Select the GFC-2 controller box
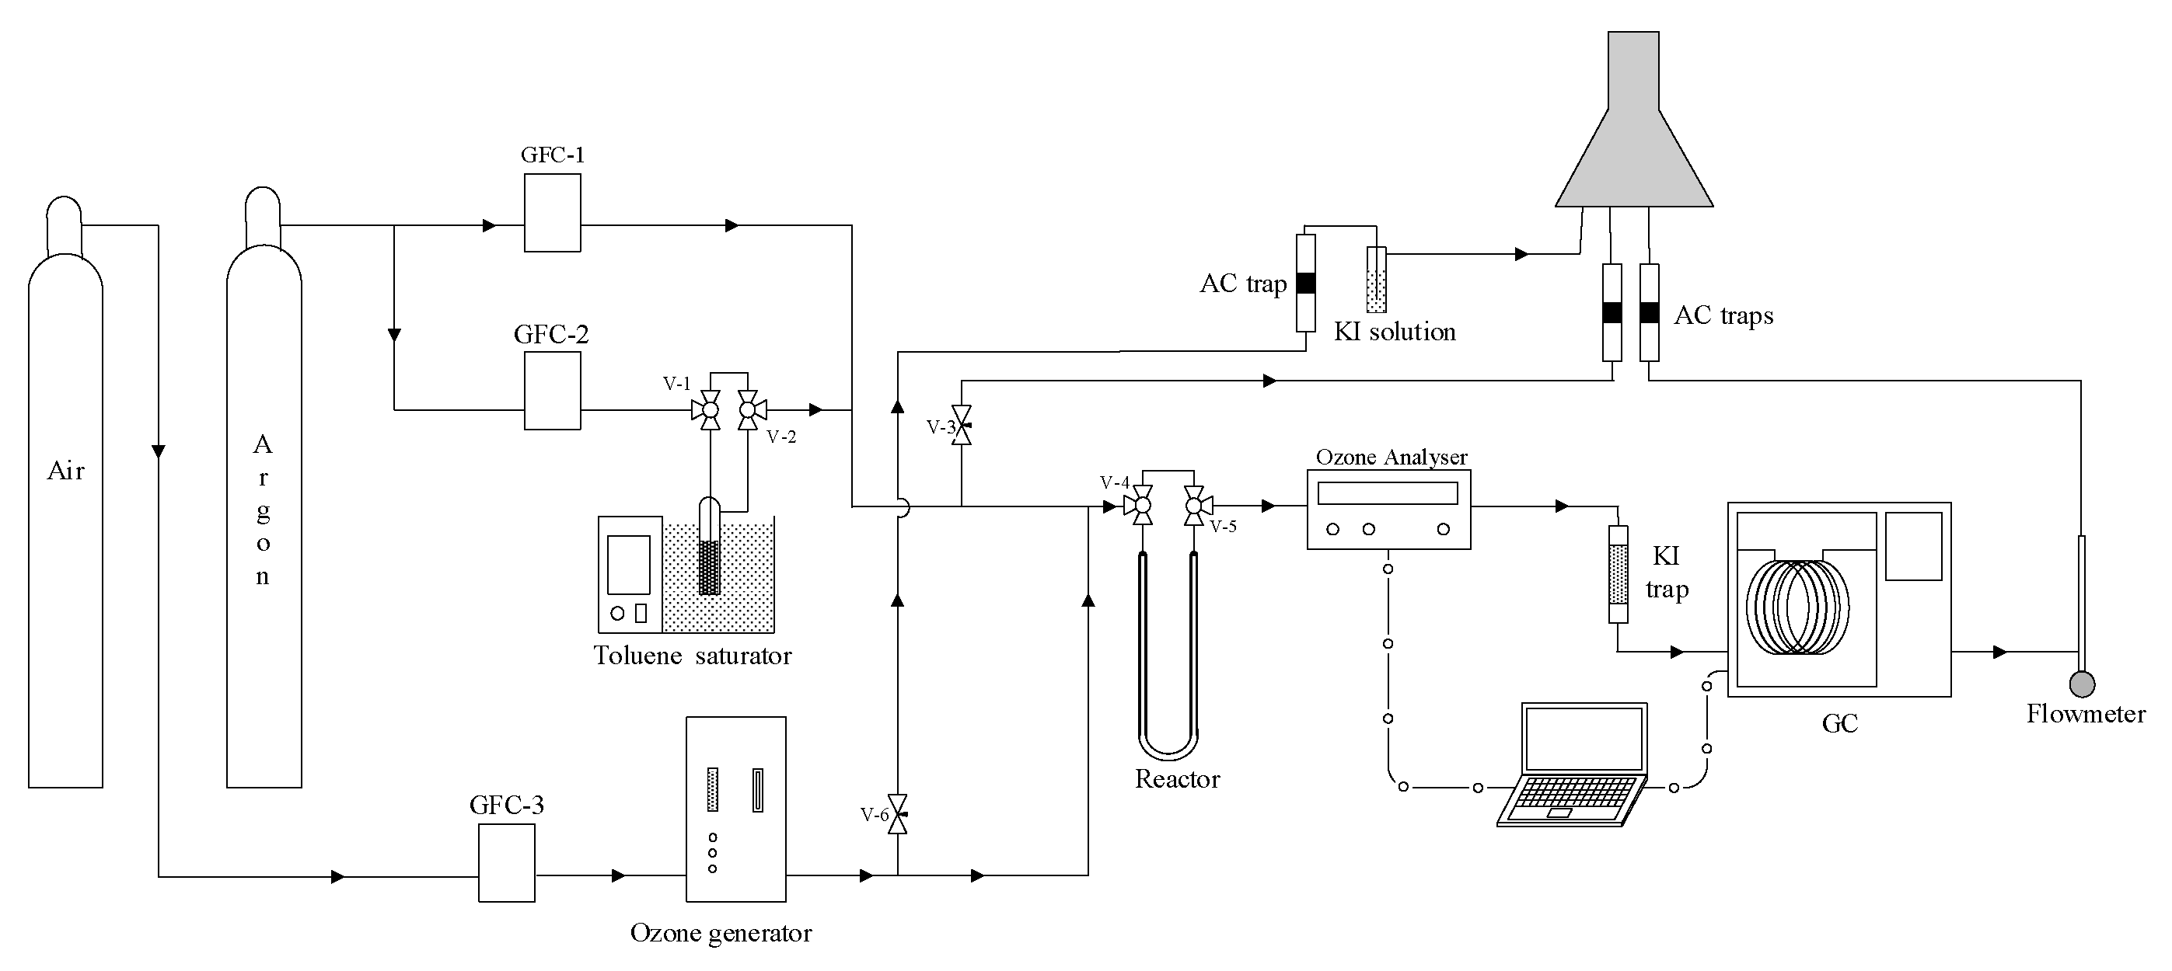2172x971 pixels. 552,390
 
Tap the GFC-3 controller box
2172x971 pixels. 507,862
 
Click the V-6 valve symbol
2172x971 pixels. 898,814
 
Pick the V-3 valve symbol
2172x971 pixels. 961,425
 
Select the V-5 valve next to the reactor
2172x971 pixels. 1194,506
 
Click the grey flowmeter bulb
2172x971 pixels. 2082,684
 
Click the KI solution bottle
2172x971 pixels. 1376,280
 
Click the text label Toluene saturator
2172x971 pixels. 692,656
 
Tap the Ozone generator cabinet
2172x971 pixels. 736,809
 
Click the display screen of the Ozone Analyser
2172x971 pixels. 1387,493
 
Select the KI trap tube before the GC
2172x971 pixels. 1618,575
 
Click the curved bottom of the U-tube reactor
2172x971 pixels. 1168,745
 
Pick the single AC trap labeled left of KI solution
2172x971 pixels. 1305,284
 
